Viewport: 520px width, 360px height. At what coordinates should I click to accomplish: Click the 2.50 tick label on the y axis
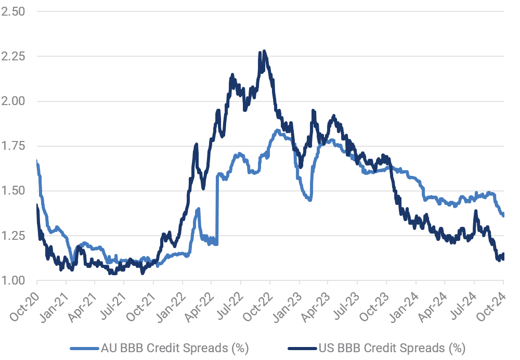coord(14,11)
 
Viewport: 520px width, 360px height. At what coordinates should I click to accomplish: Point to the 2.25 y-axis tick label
coord(14,56)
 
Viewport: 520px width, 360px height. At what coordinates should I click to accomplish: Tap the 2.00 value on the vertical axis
coord(14,101)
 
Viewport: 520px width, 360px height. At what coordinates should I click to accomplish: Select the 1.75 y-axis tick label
coord(14,146)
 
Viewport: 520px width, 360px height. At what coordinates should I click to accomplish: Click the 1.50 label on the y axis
coord(14,190)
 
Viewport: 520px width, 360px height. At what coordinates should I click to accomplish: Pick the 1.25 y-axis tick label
coord(14,236)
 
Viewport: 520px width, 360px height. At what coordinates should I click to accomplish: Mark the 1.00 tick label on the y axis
coord(14,280)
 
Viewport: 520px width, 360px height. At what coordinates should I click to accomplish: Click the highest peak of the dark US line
coord(264,51)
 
